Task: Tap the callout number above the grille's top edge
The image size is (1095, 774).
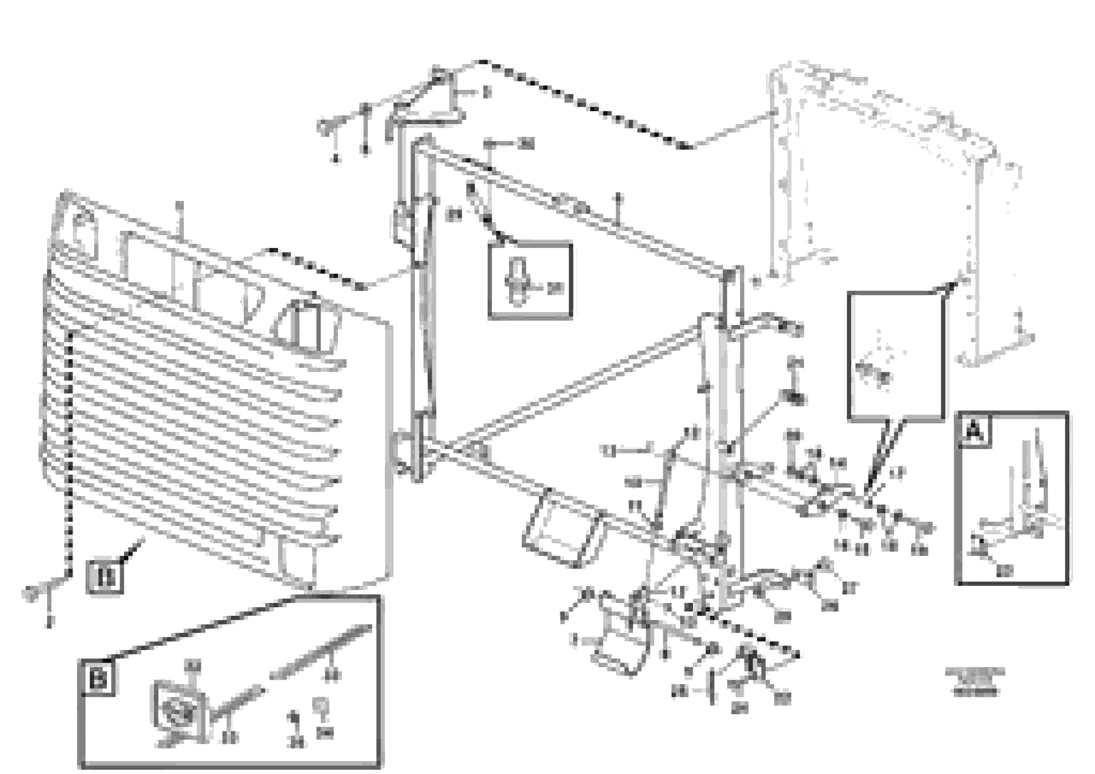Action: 179,206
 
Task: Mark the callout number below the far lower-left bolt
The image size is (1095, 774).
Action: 50,621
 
